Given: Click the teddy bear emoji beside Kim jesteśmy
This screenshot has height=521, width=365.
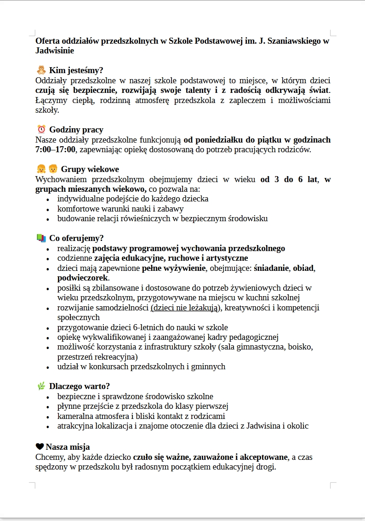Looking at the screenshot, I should (x=41, y=70).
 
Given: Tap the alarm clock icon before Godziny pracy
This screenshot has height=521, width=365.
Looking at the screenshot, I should (x=41, y=129).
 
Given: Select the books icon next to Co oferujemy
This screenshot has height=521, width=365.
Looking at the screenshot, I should (x=41, y=238).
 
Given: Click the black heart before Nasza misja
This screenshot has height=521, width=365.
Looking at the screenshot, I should (x=40, y=447).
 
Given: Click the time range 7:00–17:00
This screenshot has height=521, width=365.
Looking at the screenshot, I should (x=55, y=149).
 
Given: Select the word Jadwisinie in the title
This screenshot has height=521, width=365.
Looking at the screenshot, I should (x=54, y=51).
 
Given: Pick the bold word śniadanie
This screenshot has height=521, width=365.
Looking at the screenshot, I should (x=271, y=268).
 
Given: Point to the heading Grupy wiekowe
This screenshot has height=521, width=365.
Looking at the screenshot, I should (x=90, y=169).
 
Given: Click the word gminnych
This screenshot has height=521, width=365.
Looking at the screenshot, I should (x=209, y=366).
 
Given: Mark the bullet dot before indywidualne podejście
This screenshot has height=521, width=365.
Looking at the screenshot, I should (x=48, y=200).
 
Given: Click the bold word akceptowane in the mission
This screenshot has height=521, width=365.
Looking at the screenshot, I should (x=263, y=457).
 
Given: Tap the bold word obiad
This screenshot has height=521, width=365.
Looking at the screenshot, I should (x=303, y=268).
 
